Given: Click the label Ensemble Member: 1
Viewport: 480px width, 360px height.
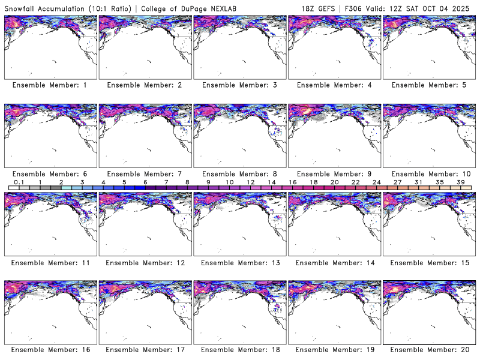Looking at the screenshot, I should click(x=49, y=85).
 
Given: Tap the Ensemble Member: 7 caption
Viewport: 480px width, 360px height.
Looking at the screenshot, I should click(x=144, y=173).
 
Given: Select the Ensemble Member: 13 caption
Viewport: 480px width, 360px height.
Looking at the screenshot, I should click(x=239, y=262).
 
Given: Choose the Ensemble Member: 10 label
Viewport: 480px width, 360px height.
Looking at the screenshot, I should click(x=428, y=173).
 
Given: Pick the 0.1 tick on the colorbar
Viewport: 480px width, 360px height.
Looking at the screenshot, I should click(x=19, y=182).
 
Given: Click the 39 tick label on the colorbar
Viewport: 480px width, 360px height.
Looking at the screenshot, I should click(x=461, y=182).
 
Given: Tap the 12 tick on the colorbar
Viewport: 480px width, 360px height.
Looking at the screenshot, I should click(x=251, y=182).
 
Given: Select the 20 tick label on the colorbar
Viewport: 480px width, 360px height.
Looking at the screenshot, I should click(x=335, y=182).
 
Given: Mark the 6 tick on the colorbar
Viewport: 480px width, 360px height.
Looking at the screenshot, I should click(x=145, y=182).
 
